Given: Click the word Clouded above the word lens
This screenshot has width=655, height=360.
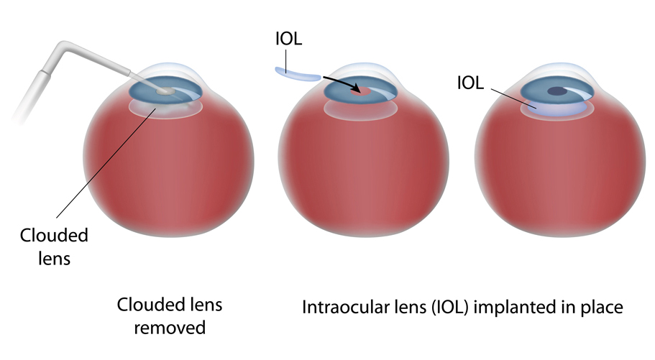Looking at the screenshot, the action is click(x=54, y=235).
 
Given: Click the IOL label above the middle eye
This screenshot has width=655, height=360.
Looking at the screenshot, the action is click(x=288, y=39).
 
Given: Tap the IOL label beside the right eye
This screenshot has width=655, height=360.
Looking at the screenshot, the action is click(x=470, y=83).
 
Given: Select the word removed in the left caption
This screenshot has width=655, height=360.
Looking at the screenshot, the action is click(x=170, y=328).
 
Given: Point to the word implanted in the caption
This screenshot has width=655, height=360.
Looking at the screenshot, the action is click(x=515, y=308).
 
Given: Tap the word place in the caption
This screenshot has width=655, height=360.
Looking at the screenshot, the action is click(x=602, y=308).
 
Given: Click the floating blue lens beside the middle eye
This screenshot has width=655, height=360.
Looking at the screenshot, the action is click(x=298, y=74).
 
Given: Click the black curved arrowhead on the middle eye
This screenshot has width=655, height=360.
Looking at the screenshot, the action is click(x=357, y=88).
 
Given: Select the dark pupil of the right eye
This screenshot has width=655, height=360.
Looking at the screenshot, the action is click(x=558, y=91).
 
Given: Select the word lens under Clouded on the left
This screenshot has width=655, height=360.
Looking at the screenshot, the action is click(x=55, y=259).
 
